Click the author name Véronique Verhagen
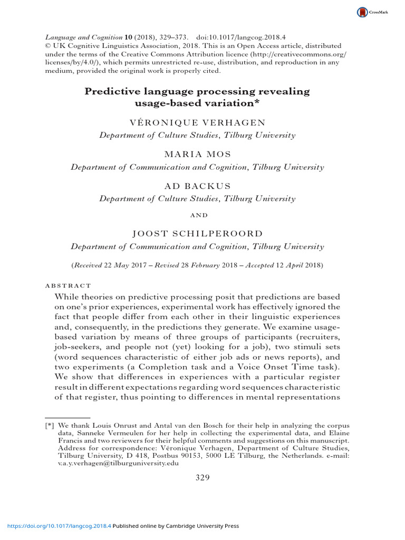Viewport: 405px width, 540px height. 197,122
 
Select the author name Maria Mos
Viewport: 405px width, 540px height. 197,155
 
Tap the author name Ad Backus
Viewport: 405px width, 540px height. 197,186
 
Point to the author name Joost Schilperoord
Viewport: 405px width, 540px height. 197,234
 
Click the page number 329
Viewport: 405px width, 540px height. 202,478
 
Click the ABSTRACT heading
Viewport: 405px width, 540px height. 70,285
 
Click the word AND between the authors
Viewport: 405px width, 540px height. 197,215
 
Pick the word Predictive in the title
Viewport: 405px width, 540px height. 114,92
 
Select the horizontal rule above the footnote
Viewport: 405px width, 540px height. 64,417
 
